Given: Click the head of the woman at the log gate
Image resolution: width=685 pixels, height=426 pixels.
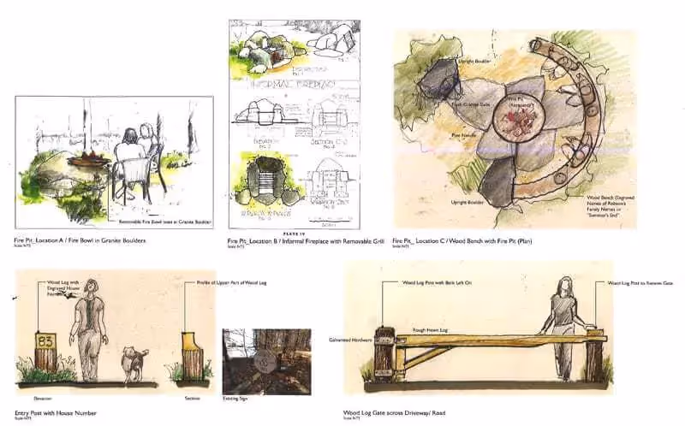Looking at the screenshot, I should [566, 287].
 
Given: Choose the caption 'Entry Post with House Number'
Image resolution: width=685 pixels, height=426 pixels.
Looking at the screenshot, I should [56, 413].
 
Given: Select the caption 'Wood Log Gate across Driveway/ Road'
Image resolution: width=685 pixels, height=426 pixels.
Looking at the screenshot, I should [396, 413].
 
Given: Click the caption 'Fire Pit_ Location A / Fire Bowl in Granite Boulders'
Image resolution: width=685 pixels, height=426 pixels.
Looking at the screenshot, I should [80, 240].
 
